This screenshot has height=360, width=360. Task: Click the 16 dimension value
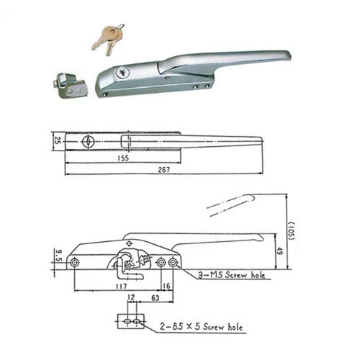point(167,286)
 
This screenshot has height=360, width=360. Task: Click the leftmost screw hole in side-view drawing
point(76,263)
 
